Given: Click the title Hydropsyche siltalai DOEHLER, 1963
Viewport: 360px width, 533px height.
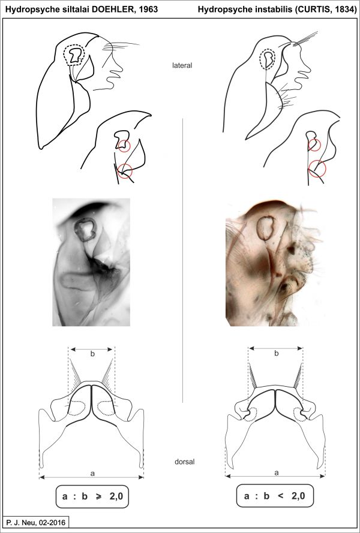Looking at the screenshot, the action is coord(82,9).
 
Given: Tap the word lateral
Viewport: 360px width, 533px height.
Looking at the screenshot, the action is coord(182,65).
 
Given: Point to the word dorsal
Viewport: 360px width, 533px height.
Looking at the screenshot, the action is coord(184,462).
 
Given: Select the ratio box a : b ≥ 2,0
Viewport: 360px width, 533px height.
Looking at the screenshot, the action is coord(92,496).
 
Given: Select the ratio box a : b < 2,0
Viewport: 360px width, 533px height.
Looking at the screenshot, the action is coord(275,496).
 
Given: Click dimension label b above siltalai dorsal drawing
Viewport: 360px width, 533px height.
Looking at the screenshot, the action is coord(92,354).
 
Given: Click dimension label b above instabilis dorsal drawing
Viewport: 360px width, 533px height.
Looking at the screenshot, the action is coord(276,354).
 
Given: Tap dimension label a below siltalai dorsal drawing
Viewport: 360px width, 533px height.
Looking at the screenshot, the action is coord(92,472).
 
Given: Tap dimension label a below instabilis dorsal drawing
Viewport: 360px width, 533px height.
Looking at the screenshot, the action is coord(276,472).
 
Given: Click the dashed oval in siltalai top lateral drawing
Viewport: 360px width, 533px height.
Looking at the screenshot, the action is coord(63,55).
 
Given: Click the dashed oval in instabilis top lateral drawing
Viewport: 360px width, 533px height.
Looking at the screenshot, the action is coord(259,59).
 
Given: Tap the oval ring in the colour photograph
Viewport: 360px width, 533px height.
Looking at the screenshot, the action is coord(257,227).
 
